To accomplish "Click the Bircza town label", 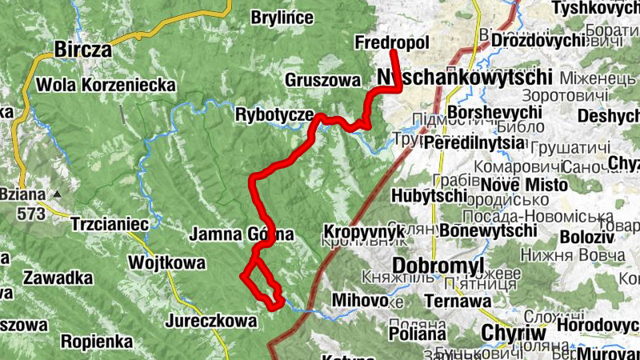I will pos(82,50).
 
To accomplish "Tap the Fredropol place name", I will pos(391,42).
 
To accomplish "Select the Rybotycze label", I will pos(274,115).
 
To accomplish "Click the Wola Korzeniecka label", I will pos(106,84).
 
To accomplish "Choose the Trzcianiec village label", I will pos(110,224).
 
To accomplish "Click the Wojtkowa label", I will pos(167,262).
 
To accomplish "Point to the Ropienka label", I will pos(97,342).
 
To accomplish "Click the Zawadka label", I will pos(58,278).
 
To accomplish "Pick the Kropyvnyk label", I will pos(360,232).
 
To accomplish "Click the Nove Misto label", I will pos(526,185).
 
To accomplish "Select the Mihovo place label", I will pos(360,301).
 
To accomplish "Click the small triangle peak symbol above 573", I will pos(57,194).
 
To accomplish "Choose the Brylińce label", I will pos(277,18).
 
